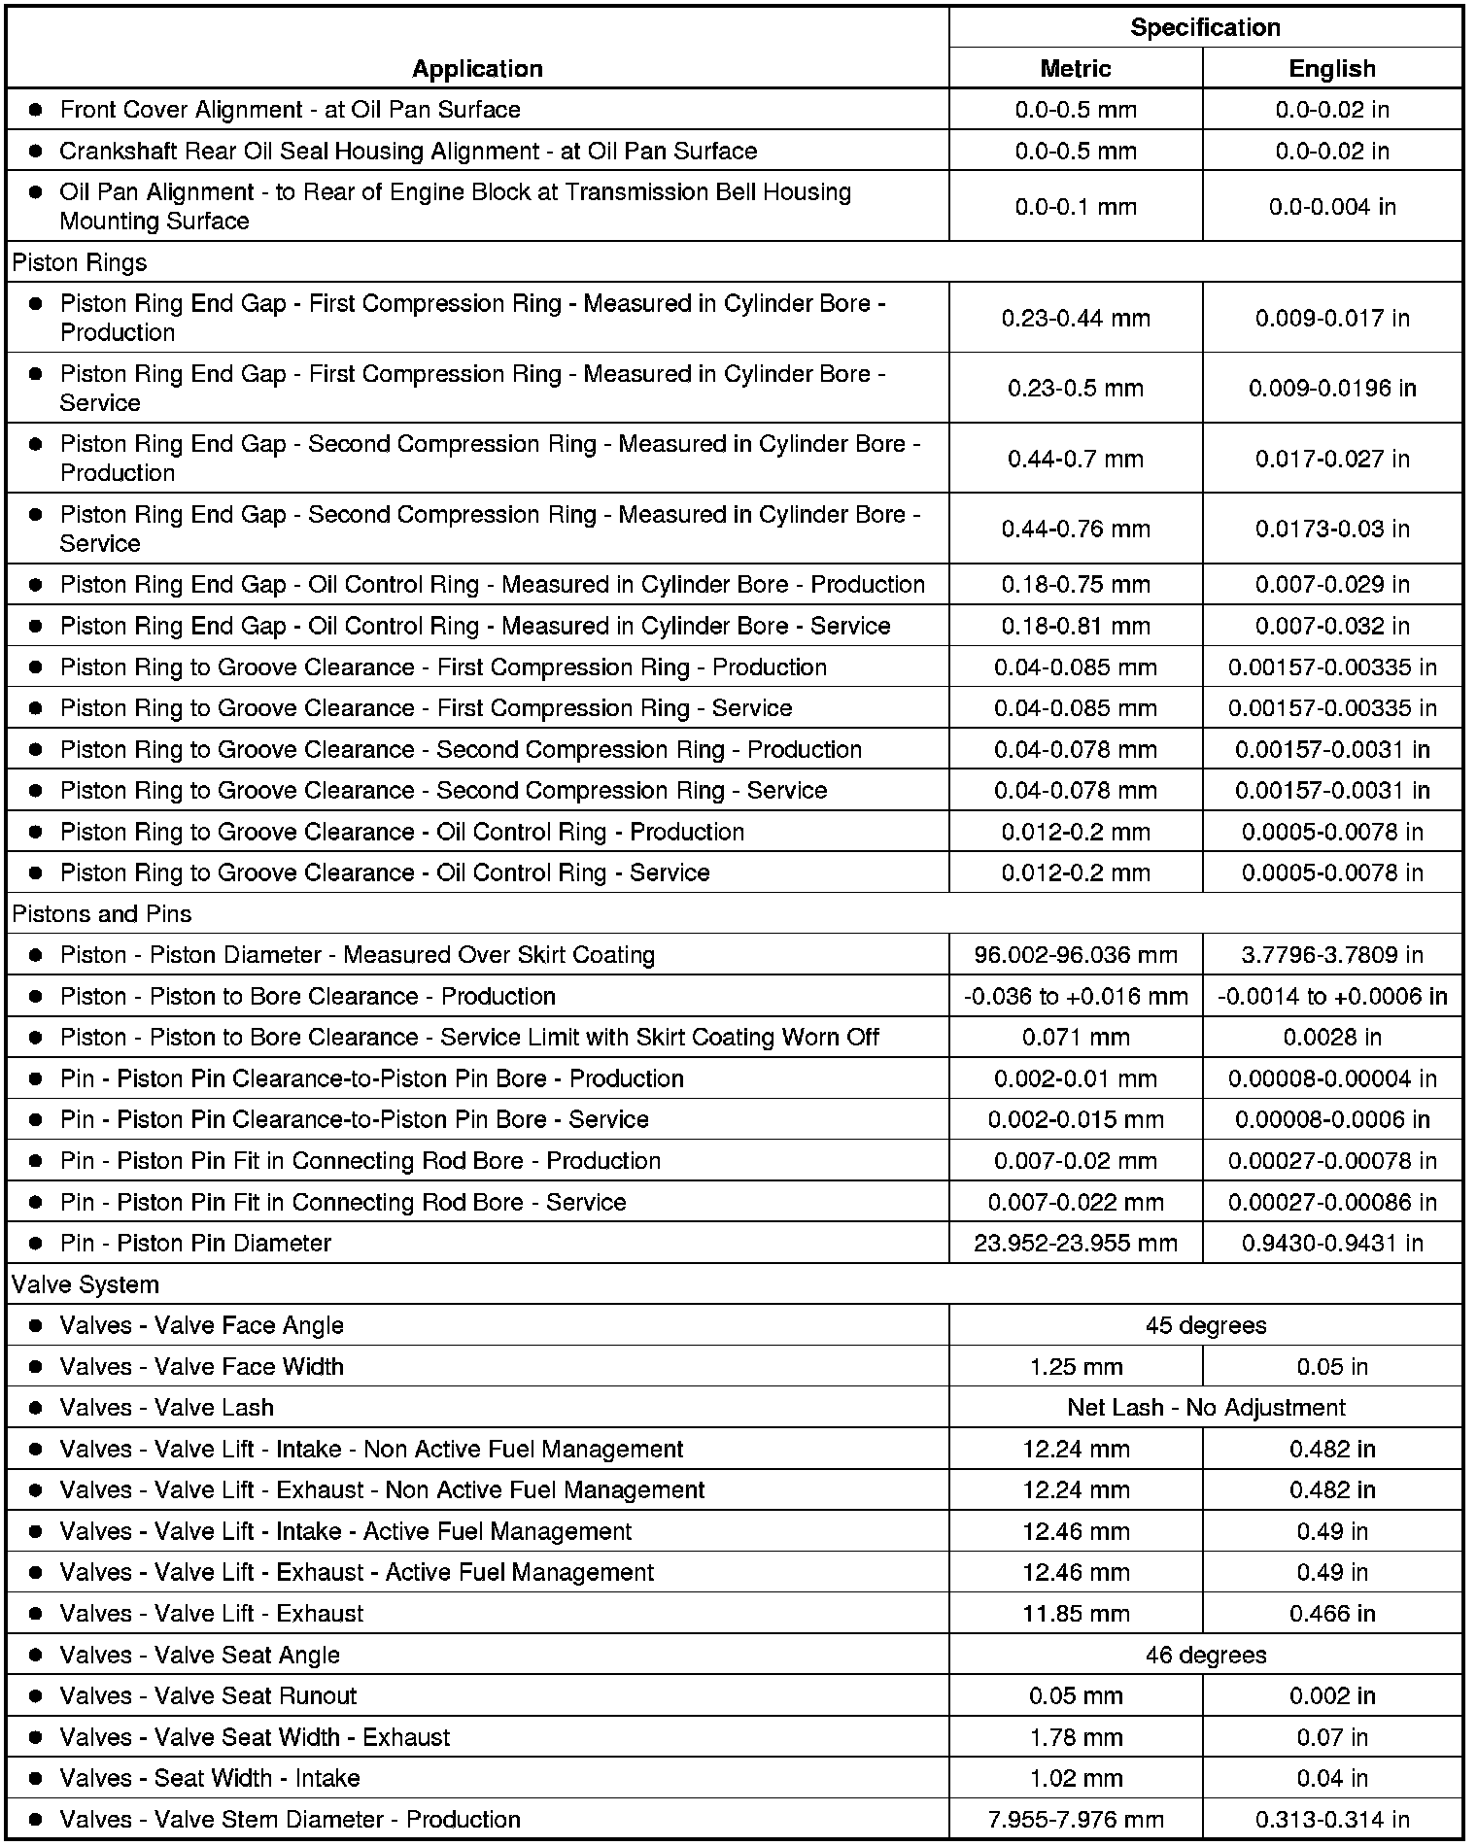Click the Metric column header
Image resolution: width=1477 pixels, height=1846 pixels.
(x=1075, y=69)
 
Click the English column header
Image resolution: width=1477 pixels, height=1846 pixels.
(x=1331, y=69)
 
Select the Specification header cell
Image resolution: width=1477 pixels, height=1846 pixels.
(x=1205, y=27)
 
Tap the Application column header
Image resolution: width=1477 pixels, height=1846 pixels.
(x=477, y=68)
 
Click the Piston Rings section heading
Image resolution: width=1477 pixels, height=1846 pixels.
(x=80, y=262)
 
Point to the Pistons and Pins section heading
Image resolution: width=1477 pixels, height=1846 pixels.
(x=102, y=914)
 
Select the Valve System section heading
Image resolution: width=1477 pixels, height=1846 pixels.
(x=86, y=1284)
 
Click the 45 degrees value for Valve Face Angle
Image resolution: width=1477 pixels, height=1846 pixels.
(x=1205, y=1325)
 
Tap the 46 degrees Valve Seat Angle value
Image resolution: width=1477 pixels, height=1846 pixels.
(x=1205, y=1655)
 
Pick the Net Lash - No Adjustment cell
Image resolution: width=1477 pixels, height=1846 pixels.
(x=1205, y=1408)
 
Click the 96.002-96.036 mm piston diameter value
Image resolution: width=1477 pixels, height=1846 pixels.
(x=1075, y=955)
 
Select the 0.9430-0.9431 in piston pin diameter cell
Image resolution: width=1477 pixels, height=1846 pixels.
(x=1331, y=1243)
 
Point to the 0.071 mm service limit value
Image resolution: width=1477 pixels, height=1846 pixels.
(x=1075, y=1038)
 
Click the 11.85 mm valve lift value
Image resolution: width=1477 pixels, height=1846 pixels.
(x=1075, y=1614)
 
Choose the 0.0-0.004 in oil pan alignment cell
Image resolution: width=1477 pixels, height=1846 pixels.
(x=1331, y=207)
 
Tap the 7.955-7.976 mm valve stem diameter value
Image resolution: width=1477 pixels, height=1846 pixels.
(x=1075, y=1820)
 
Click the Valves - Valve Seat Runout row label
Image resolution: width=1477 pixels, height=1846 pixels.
(x=208, y=1696)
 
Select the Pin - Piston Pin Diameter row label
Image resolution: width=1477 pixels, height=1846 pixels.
(x=195, y=1244)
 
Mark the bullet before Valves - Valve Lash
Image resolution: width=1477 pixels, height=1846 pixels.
(x=36, y=1408)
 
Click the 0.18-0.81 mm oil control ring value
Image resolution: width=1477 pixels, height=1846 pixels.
(x=1075, y=626)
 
